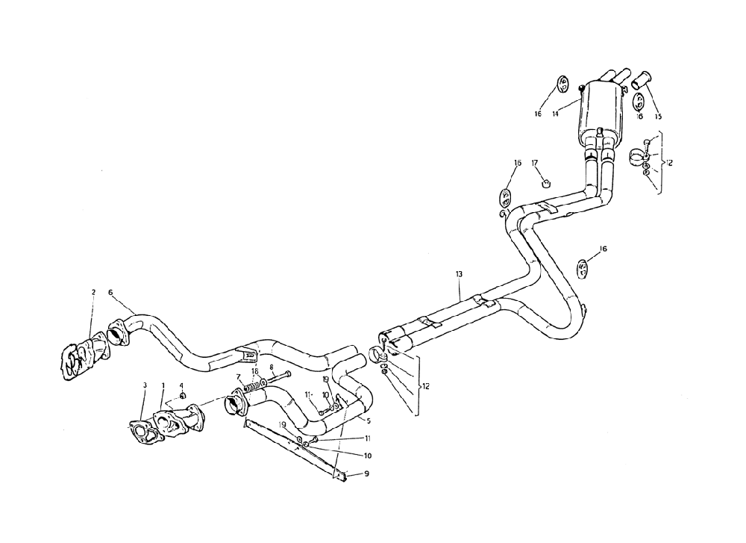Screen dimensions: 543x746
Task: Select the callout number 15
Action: pyautogui.click(x=658, y=116)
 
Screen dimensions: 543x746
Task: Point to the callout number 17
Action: pyautogui.click(x=535, y=162)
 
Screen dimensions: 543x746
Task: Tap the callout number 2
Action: pyautogui.click(x=93, y=292)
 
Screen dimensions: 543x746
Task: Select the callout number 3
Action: pyautogui.click(x=145, y=385)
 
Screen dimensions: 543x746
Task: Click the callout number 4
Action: pyautogui.click(x=182, y=385)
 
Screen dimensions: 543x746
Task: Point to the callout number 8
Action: pyautogui.click(x=272, y=367)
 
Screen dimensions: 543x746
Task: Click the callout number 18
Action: pyautogui.click(x=254, y=370)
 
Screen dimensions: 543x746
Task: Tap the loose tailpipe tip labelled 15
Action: pyautogui.click(x=642, y=78)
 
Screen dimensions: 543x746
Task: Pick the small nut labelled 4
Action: pyautogui.click(x=183, y=395)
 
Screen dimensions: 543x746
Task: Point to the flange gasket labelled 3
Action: pyautogui.click(x=137, y=433)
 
